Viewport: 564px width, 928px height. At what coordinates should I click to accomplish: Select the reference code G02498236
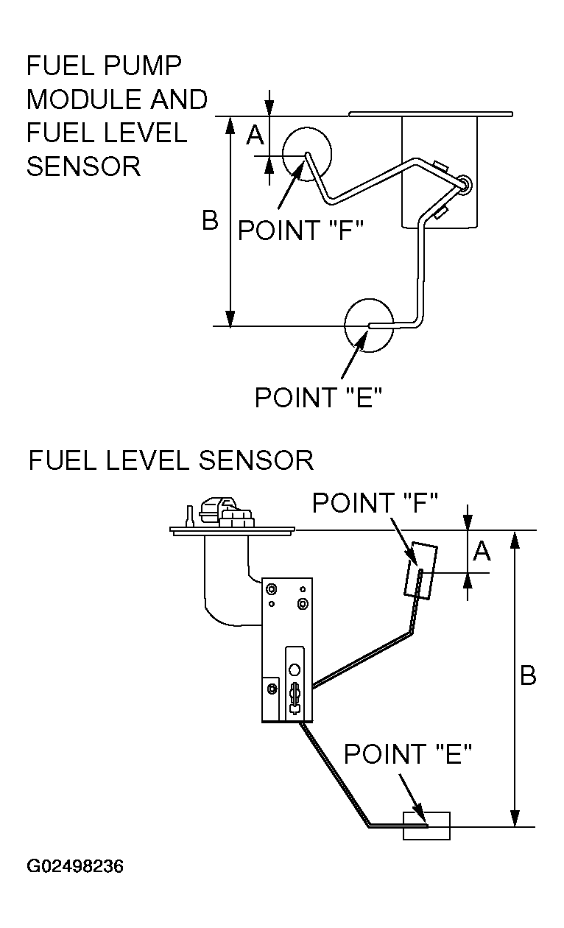pyautogui.click(x=75, y=867)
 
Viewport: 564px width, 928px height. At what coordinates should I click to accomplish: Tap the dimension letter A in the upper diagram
pyautogui.click(x=255, y=134)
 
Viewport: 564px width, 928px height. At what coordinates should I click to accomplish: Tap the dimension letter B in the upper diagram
pyautogui.click(x=211, y=220)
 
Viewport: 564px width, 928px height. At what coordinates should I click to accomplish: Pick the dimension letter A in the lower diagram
pyautogui.click(x=482, y=551)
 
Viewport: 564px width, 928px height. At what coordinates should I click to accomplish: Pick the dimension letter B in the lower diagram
pyautogui.click(x=528, y=675)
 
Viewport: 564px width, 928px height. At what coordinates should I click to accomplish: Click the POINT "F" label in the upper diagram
pyautogui.click(x=300, y=230)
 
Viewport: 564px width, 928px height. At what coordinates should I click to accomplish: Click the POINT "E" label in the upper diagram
pyautogui.click(x=318, y=397)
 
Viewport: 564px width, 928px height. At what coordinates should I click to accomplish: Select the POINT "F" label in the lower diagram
pyautogui.click(x=375, y=502)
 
